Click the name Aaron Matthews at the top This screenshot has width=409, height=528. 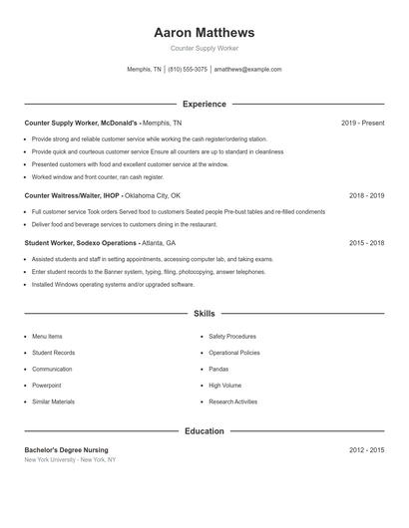coord(204,32)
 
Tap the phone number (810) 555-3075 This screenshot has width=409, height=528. coord(188,70)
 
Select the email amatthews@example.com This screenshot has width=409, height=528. coord(247,70)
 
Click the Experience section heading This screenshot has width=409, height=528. coord(204,104)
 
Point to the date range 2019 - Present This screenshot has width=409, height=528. coord(362,123)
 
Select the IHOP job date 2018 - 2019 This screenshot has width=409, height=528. coord(366,196)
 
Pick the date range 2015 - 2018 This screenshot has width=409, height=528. coord(366,242)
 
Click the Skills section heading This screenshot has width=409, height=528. coord(204,313)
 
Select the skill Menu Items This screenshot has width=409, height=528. coord(47,337)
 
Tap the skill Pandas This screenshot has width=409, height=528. coord(219,369)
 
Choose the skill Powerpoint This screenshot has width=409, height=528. coord(46,385)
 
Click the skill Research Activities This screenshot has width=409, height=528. coord(232,401)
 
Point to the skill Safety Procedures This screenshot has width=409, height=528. coord(232,337)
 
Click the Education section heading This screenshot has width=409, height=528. coord(204,431)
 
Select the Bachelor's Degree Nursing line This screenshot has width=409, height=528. coord(67,450)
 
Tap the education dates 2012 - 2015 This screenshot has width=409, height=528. coord(366,450)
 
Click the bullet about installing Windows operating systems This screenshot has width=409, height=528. coord(113,284)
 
